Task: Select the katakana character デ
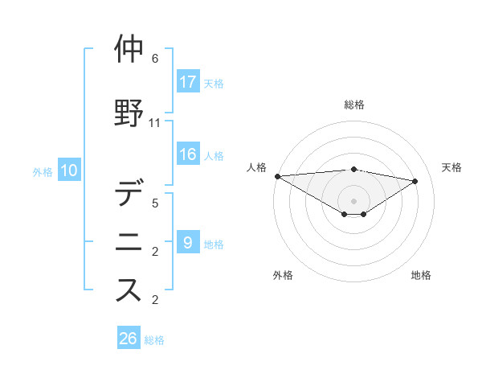(x=129, y=195)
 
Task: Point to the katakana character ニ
(x=129, y=242)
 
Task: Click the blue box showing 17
(x=188, y=81)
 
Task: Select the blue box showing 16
(x=188, y=154)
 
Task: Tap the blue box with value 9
(x=188, y=243)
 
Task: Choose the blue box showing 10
(x=69, y=171)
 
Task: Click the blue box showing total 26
(x=129, y=339)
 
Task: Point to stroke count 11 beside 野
(x=155, y=123)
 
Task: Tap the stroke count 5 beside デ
(x=155, y=204)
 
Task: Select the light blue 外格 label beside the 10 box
(x=43, y=171)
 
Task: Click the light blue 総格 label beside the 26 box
(x=154, y=340)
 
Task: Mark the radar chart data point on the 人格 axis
(x=277, y=175)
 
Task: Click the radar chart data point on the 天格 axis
(x=415, y=181)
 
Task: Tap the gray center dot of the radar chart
(x=353, y=199)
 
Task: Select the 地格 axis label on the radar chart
(x=421, y=275)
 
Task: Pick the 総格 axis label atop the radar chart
(x=353, y=105)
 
